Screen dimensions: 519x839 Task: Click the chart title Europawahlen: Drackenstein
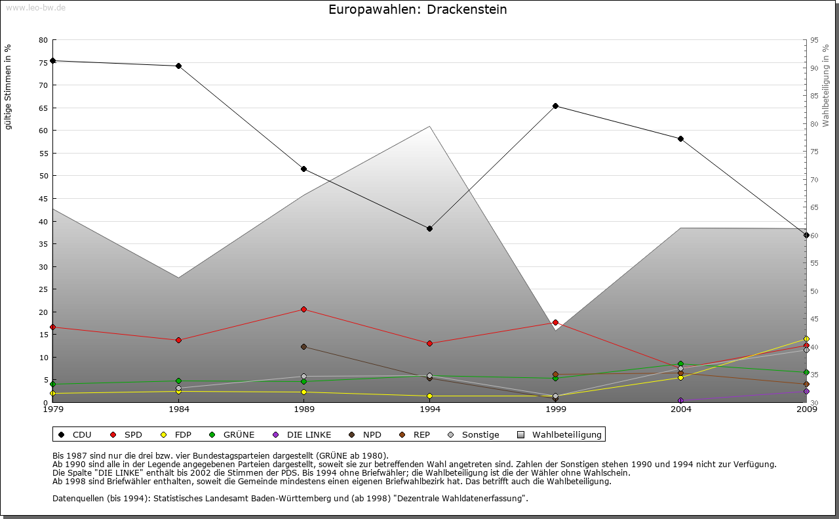pos(418,10)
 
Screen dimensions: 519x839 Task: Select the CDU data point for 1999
pos(555,106)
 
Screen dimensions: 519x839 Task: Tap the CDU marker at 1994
pos(429,228)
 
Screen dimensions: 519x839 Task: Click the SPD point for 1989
pos(303,309)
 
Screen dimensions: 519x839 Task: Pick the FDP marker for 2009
pos(806,339)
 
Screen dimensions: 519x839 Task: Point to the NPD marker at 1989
pos(303,346)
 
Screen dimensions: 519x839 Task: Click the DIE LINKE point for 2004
pos(680,400)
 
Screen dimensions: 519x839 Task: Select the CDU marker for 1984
pos(178,66)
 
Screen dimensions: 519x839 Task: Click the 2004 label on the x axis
pos(680,409)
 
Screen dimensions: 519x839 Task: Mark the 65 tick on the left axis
pos(43,108)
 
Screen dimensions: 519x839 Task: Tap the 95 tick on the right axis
pos(814,40)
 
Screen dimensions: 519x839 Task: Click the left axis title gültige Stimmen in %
pos(9,87)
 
